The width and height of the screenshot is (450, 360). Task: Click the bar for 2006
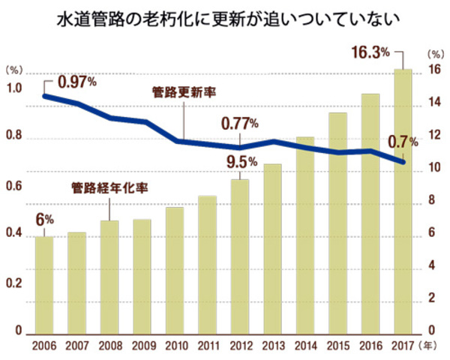[44, 285]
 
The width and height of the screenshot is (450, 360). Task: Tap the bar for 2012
[240, 255]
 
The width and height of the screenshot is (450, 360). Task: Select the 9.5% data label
[241, 161]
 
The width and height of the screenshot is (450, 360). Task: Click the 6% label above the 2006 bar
[45, 220]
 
